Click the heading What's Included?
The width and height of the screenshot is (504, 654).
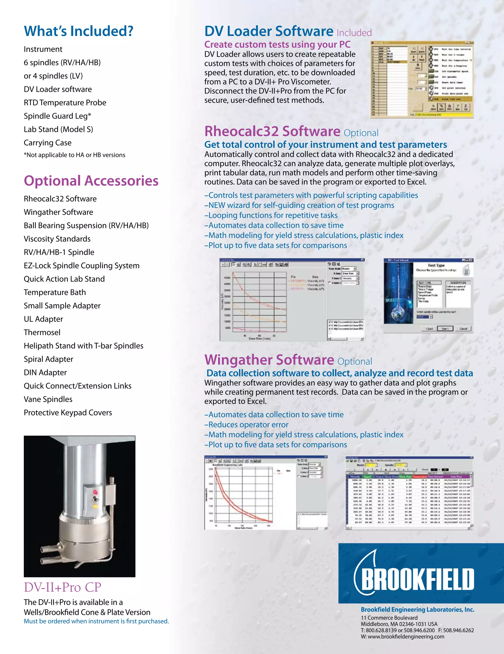point(79,31)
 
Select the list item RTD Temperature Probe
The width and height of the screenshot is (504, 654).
point(65,103)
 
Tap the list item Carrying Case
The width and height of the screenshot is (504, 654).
point(48,143)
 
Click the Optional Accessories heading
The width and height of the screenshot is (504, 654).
point(91,181)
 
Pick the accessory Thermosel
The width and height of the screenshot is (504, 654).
point(42,332)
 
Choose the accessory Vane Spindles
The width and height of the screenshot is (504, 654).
point(48,399)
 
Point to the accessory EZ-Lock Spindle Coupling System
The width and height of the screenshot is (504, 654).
point(81,266)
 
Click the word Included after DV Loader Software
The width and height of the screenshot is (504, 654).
point(354,33)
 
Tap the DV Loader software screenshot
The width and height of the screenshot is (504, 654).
point(422,80)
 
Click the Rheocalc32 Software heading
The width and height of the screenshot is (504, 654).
point(272,131)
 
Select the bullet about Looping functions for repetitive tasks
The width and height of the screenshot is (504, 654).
point(271,215)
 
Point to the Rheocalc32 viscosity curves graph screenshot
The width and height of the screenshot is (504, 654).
point(292,299)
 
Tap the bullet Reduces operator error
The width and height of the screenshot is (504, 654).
point(246,425)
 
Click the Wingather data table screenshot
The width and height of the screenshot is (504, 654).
point(409,493)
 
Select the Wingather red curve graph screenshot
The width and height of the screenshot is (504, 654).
point(266,493)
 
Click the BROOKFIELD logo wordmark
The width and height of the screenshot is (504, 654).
point(417,579)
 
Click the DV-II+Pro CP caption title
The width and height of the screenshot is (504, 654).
point(62,587)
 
